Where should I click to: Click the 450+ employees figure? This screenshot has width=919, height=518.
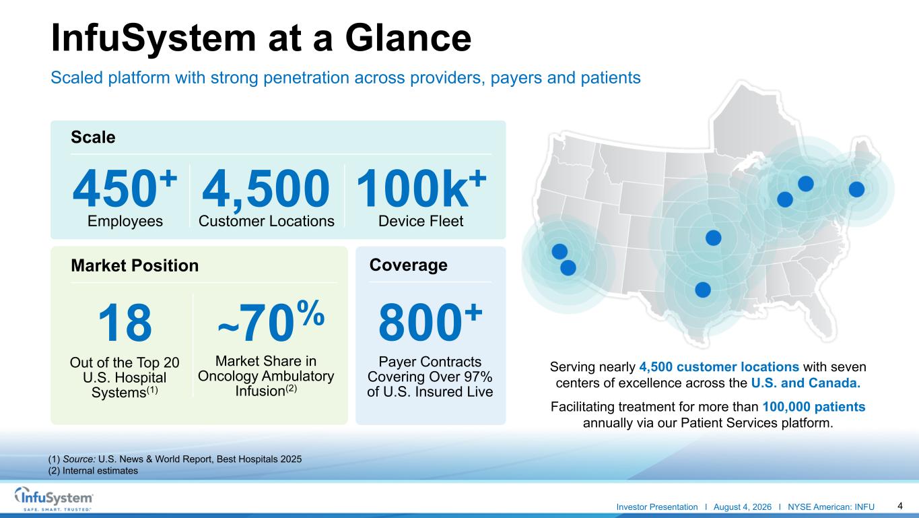pos(125,189)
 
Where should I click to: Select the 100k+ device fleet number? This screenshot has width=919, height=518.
pos(421,189)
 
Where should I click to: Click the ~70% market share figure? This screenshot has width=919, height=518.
pos(271,321)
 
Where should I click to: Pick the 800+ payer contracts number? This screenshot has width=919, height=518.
pos(430,322)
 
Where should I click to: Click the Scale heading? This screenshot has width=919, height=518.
pos(93,137)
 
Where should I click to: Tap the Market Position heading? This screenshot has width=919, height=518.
pos(135,265)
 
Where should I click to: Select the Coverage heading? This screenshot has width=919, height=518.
pos(408,265)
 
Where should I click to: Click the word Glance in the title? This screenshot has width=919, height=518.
pos(408,38)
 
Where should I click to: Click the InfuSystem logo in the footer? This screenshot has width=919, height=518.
pos(54,498)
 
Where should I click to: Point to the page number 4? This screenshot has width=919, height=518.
pos(899,506)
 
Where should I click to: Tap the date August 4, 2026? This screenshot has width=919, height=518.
pos(743,507)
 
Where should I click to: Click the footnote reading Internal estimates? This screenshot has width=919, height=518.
pos(93,471)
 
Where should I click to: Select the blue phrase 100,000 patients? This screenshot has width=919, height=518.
pos(814,407)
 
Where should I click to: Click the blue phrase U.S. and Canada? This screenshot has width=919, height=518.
pos(806,383)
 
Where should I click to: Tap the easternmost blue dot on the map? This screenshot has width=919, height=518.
pos(856,190)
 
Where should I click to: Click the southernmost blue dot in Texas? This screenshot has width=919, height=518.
pos(703,290)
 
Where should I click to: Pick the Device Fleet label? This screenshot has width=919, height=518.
pos(421,221)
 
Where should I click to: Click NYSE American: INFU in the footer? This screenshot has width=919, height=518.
pos(831,507)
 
